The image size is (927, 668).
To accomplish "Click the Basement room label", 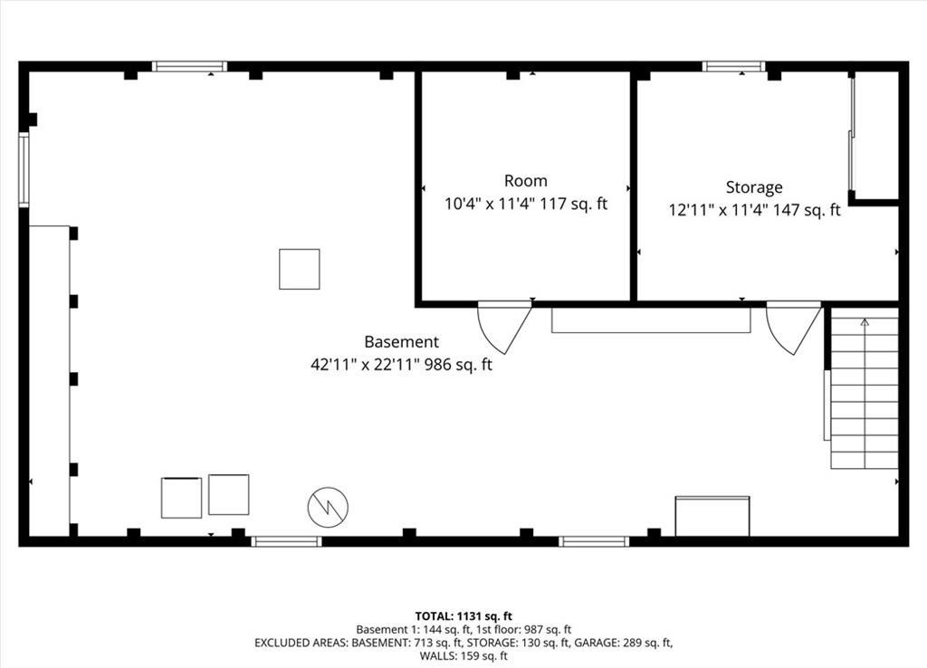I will [x=401, y=342].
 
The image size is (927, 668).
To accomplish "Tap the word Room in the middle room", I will [x=525, y=181].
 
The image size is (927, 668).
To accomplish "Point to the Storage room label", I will [x=753, y=187].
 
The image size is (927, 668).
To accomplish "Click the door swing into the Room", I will [x=502, y=326].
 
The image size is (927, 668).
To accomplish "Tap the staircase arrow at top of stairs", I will [x=864, y=322].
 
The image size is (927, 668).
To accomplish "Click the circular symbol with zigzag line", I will [x=328, y=508].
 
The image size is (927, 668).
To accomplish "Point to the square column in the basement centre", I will [x=299, y=269].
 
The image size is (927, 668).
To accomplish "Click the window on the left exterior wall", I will [x=24, y=170].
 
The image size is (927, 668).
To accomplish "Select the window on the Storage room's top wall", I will [x=733, y=66].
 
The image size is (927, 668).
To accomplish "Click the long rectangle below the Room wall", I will [x=651, y=320].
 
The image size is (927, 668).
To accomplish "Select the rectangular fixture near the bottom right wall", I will [x=712, y=516].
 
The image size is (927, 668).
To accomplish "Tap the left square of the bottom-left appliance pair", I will [x=181, y=498].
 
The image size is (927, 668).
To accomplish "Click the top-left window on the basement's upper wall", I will [x=188, y=66].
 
